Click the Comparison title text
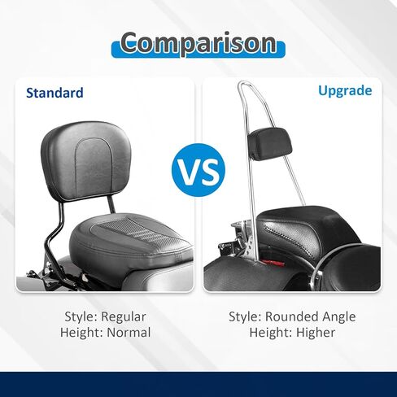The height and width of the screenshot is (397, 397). [x=198, y=42]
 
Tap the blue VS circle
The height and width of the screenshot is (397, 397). [x=198, y=170]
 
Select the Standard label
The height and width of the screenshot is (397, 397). [x=55, y=93]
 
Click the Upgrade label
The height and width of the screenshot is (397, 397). [x=345, y=91]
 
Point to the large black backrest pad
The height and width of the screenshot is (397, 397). [x=86, y=161]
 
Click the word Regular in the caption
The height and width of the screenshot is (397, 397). [x=124, y=316]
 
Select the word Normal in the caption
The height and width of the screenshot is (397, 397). [x=129, y=333]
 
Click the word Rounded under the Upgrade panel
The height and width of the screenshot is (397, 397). [x=291, y=316]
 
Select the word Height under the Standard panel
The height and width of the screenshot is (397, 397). [x=82, y=333]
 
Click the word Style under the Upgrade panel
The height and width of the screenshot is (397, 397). [x=245, y=316]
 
